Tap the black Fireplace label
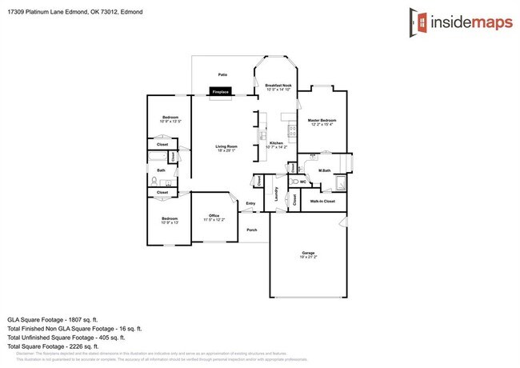click(x=220, y=93)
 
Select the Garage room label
click(x=308, y=254)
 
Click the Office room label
click(x=214, y=216)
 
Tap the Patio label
click(x=222, y=74)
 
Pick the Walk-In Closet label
click(x=322, y=202)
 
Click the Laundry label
click(x=275, y=194)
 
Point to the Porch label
click(x=251, y=230)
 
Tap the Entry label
click(x=250, y=203)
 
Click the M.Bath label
click(x=325, y=170)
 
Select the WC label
click(x=302, y=182)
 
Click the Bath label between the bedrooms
click(x=161, y=170)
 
